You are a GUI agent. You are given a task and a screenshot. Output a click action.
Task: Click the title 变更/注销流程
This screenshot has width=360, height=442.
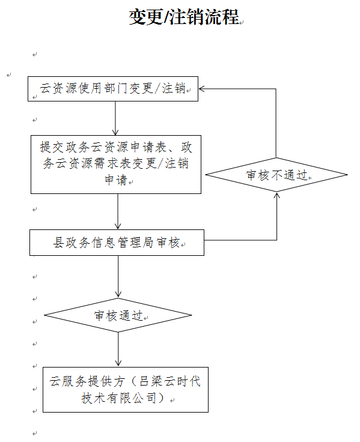click(x=185, y=17)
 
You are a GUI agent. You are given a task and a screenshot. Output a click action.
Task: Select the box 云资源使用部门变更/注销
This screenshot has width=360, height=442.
click(x=113, y=89)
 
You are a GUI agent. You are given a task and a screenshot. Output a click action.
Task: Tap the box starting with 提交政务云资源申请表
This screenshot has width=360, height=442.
click(x=116, y=165)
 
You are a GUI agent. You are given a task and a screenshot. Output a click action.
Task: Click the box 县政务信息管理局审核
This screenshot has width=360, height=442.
click(x=117, y=243)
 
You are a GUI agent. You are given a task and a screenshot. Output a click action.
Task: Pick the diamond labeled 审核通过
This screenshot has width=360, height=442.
click(x=118, y=315)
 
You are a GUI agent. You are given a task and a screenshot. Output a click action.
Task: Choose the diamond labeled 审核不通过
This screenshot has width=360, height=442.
click(x=276, y=175)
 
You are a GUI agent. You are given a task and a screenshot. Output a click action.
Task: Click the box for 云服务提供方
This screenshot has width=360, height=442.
click(x=126, y=390)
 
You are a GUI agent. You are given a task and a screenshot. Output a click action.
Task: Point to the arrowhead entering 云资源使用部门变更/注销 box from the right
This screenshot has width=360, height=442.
click(x=201, y=89)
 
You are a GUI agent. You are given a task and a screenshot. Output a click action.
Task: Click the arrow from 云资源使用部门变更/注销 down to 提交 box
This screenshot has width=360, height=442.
click(x=115, y=118)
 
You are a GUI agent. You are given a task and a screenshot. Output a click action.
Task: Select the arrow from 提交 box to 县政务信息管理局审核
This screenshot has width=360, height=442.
click(x=118, y=211)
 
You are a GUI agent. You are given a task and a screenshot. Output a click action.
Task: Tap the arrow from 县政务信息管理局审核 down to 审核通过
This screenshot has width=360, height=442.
click(x=118, y=277)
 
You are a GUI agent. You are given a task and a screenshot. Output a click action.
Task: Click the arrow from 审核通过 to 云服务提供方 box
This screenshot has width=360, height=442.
click(x=118, y=350)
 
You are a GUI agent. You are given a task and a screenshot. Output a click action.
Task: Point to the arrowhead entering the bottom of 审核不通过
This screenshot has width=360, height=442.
click(x=277, y=195)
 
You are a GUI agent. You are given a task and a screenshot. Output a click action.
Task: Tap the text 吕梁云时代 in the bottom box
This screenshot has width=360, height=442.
click(x=170, y=381)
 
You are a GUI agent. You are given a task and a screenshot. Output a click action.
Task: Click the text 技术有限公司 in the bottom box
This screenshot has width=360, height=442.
click(x=119, y=398)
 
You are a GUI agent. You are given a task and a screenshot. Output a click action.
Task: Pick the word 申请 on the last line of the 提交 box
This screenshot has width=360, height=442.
click(x=116, y=180)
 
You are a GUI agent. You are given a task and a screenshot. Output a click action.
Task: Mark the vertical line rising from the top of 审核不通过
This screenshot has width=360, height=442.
click(x=276, y=123)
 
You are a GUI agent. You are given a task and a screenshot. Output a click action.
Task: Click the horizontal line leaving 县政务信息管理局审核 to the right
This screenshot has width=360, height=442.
click(x=240, y=240)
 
